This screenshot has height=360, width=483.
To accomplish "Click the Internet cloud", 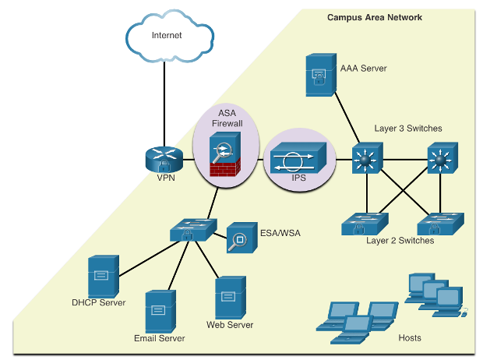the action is point(170,36).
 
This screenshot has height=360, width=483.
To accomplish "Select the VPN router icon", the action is point(164,159).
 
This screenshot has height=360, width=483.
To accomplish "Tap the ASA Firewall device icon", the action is point(225,154).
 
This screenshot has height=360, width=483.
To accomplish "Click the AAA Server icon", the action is point(321,75).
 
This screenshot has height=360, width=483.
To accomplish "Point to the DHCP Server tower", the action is point(104,276).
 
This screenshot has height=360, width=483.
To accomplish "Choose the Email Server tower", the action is point(160,312).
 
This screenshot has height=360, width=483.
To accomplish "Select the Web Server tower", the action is point(231,298).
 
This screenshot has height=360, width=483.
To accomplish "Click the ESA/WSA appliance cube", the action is point(242,238).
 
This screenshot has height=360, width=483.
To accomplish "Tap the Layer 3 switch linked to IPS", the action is point(368,158).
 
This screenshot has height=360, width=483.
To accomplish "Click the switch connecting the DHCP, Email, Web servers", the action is point(193,230).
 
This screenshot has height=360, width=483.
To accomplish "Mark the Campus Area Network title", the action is point(375,17).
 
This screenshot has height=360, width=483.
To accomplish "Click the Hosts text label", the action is point(410,338).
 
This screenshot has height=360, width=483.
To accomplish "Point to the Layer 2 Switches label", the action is point(400,241).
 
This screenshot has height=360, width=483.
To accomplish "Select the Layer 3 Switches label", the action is point(408,129).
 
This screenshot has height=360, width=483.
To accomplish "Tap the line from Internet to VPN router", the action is point(164,104).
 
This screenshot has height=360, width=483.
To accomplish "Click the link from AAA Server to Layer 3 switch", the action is point(347,118).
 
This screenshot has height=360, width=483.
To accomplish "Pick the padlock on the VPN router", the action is point(164,166).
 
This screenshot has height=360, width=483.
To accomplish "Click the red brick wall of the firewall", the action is point(225,168).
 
